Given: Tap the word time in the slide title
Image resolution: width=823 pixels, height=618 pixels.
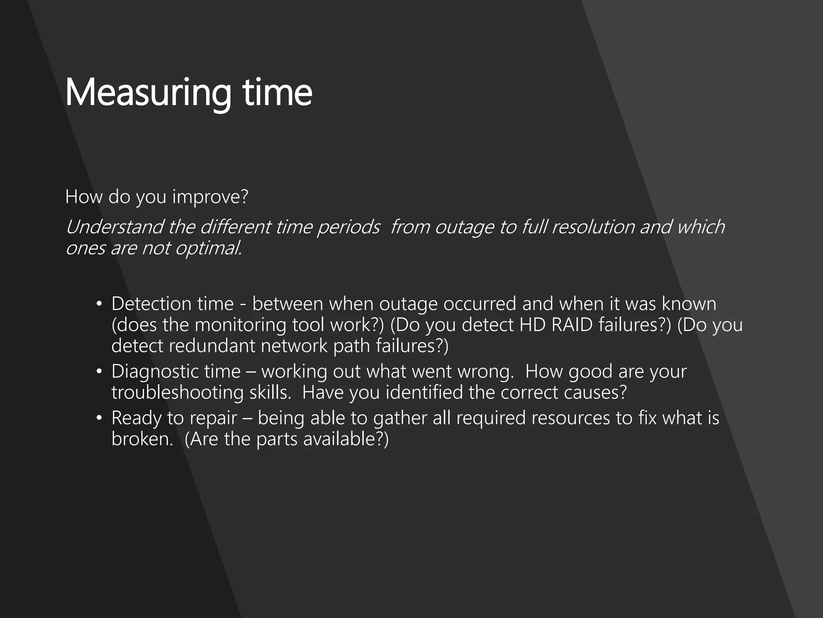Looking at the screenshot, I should click(277, 93).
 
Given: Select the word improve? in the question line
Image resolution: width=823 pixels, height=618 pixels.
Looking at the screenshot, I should click(210, 197).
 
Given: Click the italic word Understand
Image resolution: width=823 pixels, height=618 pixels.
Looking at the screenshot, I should click(115, 227).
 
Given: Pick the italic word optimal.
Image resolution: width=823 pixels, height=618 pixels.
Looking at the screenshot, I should click(209, 248).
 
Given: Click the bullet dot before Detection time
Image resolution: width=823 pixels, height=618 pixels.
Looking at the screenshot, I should click(99, 304).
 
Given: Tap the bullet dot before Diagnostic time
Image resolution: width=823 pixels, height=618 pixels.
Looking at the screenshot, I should click(99, 371).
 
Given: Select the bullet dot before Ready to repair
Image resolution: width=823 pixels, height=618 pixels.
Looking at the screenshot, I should click(99, 418).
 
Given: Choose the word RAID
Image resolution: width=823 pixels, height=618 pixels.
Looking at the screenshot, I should click(572, 325).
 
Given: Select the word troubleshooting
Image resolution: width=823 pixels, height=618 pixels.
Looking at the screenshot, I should click(177, 393).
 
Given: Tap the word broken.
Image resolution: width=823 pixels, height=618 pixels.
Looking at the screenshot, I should click(142, 439).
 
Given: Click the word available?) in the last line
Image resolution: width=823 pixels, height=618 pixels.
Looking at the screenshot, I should click(346, 439).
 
